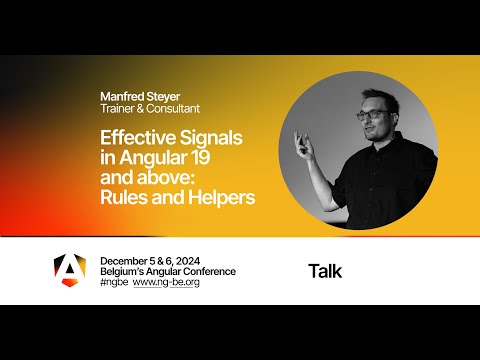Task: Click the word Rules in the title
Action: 124,197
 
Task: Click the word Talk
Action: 325,270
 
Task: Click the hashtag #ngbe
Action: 114,282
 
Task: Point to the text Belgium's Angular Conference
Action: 168,271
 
